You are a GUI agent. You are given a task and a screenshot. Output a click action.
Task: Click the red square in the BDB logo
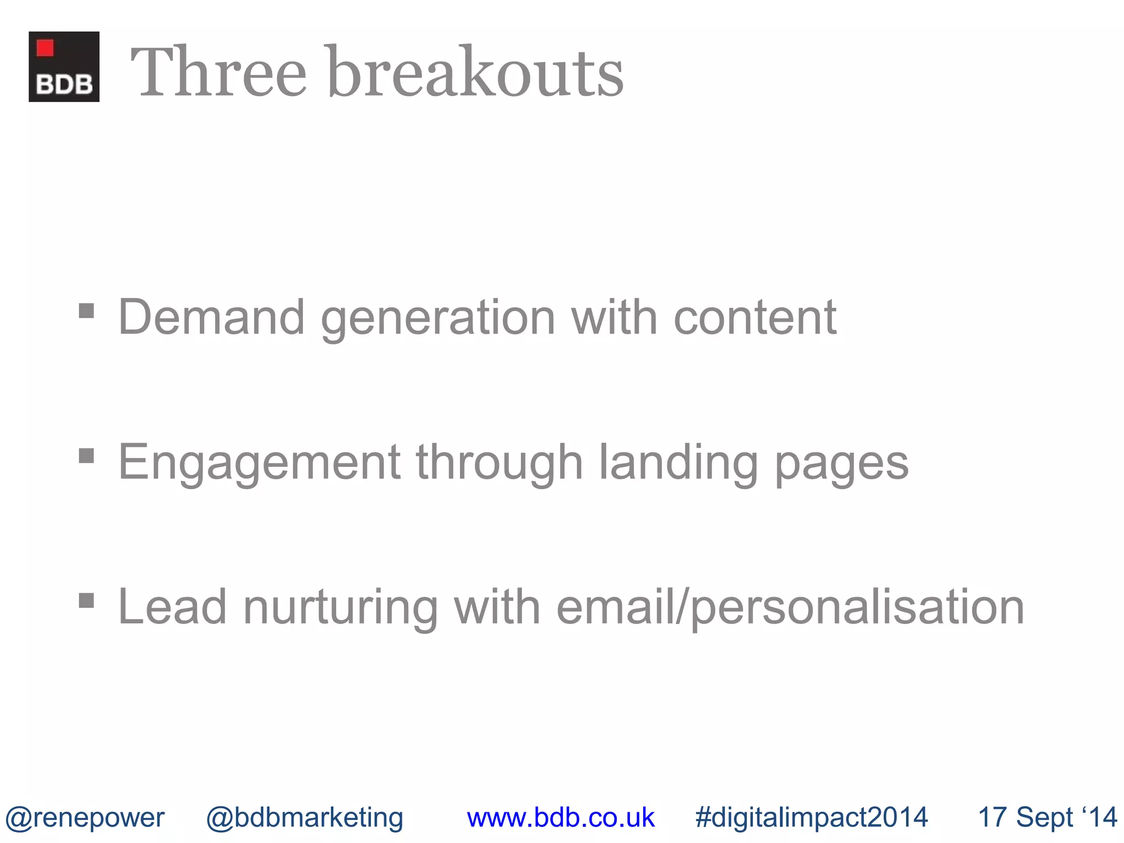point(45,48)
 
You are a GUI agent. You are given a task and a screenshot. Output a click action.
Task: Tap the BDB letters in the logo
point(64,85)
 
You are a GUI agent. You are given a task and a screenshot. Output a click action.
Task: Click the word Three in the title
point(218,72)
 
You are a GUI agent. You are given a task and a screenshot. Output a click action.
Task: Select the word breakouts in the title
point(475,72)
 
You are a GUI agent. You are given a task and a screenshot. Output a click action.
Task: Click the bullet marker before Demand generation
point(86,311)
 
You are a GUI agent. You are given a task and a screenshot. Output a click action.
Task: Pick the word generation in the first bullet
point(438,318)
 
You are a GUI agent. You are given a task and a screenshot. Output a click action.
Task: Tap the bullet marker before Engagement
point(86,456)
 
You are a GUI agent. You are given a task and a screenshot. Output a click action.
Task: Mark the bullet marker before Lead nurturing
point(86,600)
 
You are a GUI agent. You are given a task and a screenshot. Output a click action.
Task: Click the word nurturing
point(340,608)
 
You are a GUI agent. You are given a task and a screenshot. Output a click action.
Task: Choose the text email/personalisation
point(790,608)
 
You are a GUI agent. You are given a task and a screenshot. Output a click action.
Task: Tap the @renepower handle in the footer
point(85,818)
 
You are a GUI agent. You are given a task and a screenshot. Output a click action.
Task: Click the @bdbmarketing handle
point(305,818)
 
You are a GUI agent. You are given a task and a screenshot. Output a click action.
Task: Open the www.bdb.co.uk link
point(560,818)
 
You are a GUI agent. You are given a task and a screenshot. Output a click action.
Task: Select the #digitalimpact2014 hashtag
point(811,818)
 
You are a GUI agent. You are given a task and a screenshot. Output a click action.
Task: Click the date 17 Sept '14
point(1047,817)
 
